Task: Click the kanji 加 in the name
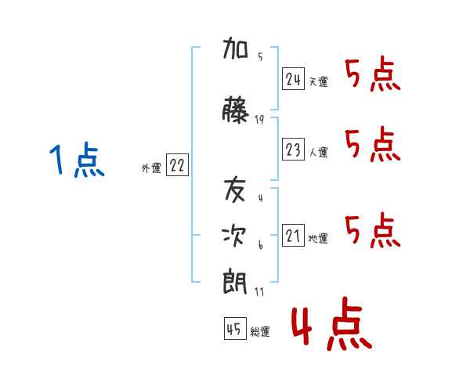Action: pyautogui.click(x=235, y=48)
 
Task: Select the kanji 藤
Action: pyautogui.click(x=235, y=110)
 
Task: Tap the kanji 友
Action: pyautogui.click(x=235, y=189)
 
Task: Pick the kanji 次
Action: pyautogui.click(x=234, y=236)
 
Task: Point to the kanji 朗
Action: pyautogui.click(x=235, y=282)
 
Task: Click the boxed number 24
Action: pyautogui.click(x=293, y=79)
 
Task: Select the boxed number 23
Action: pyautogui.click(x=293, y=149)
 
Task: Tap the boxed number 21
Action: pyautogui.click(x=293, y=235)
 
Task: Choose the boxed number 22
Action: pyautogui.click(x=177, y=164)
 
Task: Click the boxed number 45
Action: pyautogui.click(x=235, y=328)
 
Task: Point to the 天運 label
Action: pyautogui.click(x=318, y=81)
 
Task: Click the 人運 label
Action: pyautogui.click(x=318, y=152)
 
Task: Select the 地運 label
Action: pyautogui.click(x=318, y=238)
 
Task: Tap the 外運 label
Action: pyautogui.click(x=151, y=168)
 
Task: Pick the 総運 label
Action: pyautogui.click(x=260, y=331)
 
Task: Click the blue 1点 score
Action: pyautogui.click(x=77, y=160)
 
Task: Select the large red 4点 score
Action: pyautogui.click(x=332, y=323)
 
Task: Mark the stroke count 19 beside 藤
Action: pyautogui.click(x=259, y=120)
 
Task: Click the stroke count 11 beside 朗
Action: pyautogui.click(x=259, y=291)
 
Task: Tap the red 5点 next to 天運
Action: pyautogui.click(x=373, y=74)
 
